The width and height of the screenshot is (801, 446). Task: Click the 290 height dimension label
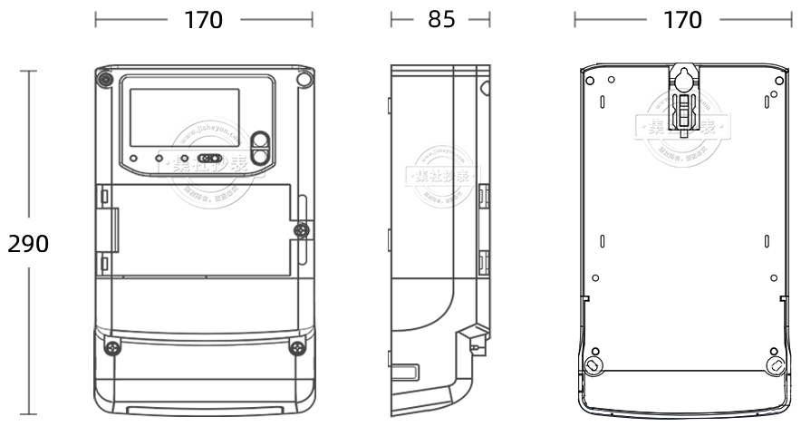28,244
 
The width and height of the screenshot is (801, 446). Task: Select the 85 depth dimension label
441,20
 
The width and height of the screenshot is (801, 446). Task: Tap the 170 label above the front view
203,20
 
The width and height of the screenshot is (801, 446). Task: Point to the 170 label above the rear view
682,20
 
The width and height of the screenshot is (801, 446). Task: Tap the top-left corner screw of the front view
106,79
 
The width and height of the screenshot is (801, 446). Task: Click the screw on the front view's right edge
299,233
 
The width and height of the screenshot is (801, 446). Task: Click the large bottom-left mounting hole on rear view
593,365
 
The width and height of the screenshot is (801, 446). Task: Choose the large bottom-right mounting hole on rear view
776,365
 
